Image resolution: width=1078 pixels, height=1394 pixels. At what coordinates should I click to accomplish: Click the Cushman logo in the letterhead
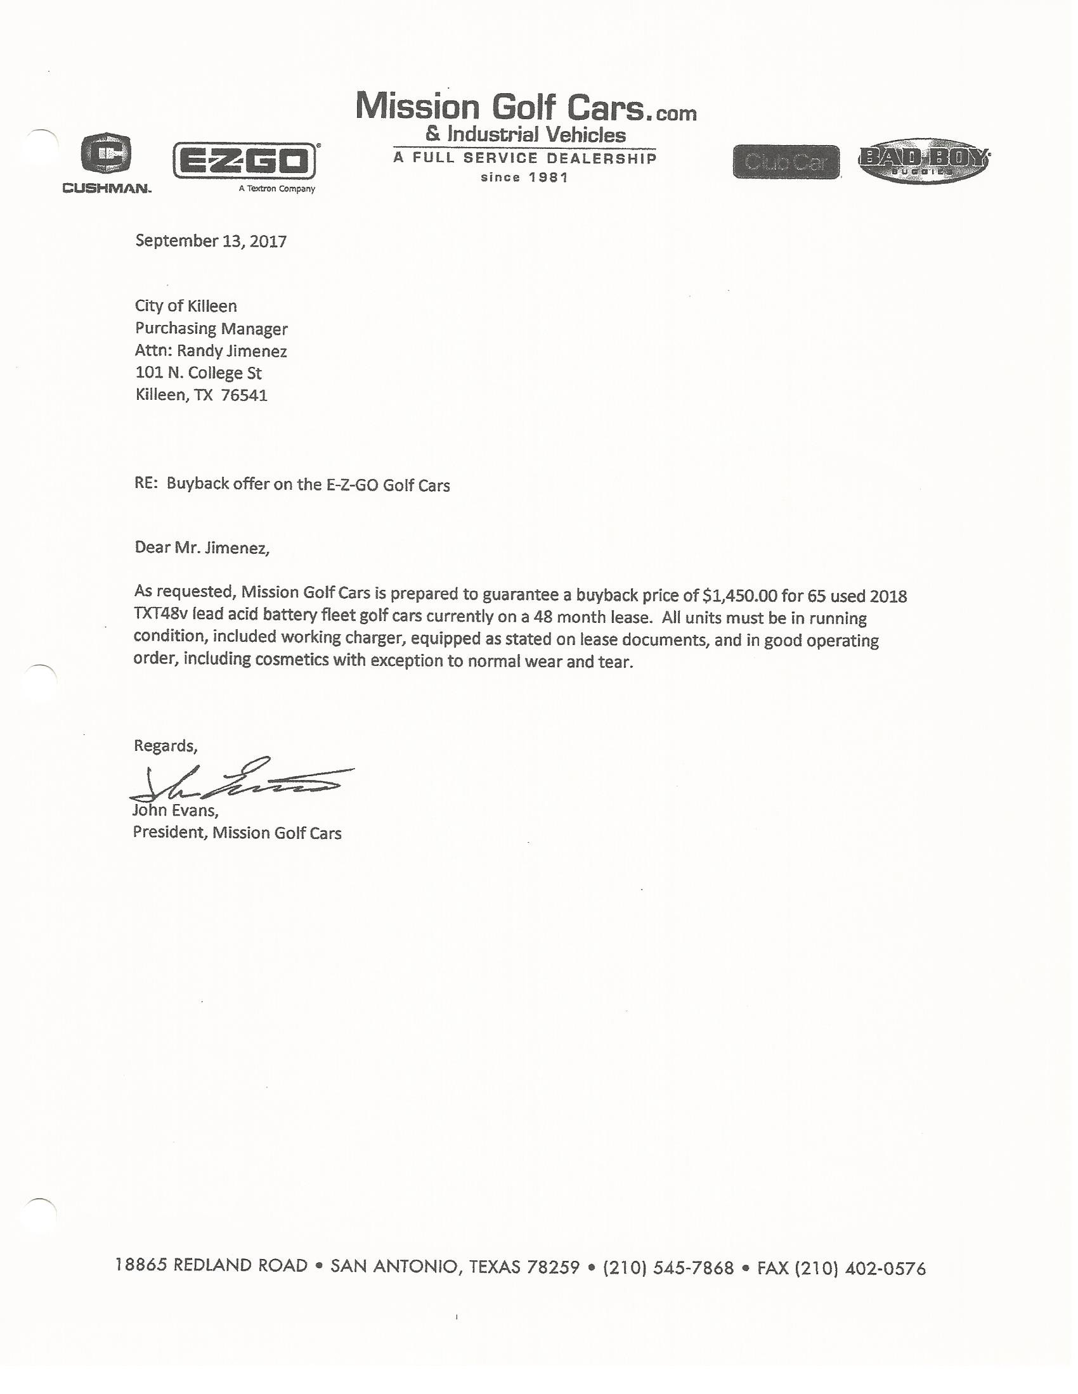[107, 161]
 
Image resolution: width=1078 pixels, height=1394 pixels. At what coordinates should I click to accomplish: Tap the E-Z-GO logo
[245, 160]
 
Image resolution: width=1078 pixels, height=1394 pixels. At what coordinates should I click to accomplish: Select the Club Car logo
[786, 162]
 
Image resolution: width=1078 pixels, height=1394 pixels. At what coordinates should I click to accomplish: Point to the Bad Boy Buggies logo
[923, 161]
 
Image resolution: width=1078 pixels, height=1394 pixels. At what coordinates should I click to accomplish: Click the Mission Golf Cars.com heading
[526, 107]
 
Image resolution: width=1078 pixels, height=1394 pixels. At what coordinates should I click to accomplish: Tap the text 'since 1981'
[524, 177]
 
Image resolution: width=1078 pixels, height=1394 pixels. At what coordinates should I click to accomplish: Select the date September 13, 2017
[211, 241]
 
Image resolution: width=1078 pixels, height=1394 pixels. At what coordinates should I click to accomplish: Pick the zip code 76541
[244, 395]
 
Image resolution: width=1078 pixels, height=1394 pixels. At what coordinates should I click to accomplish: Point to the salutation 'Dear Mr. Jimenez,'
[202, 547]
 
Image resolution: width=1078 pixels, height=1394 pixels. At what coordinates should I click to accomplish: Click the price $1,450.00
[739, 596]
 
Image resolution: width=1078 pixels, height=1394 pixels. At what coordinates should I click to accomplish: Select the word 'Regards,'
[166, 746]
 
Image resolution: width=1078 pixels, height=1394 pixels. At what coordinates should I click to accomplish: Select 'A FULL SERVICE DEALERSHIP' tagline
[525, 158]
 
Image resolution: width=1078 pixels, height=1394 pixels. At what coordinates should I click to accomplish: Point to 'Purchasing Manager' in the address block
[211, 328]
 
